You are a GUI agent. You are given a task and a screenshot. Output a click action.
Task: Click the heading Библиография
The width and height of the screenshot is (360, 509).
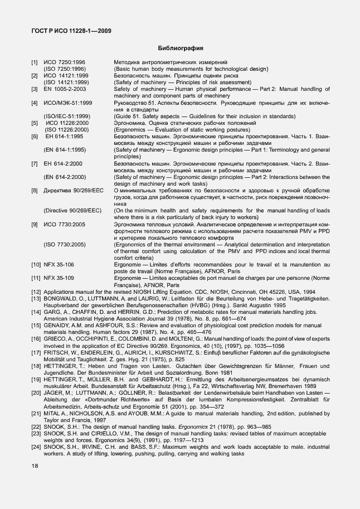click(x=180, y=48)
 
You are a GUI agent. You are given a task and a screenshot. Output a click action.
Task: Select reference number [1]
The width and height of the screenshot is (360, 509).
click(x=35, y=61)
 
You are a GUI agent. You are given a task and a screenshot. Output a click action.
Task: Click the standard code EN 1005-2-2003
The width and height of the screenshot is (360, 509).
click(x=65, y=89)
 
